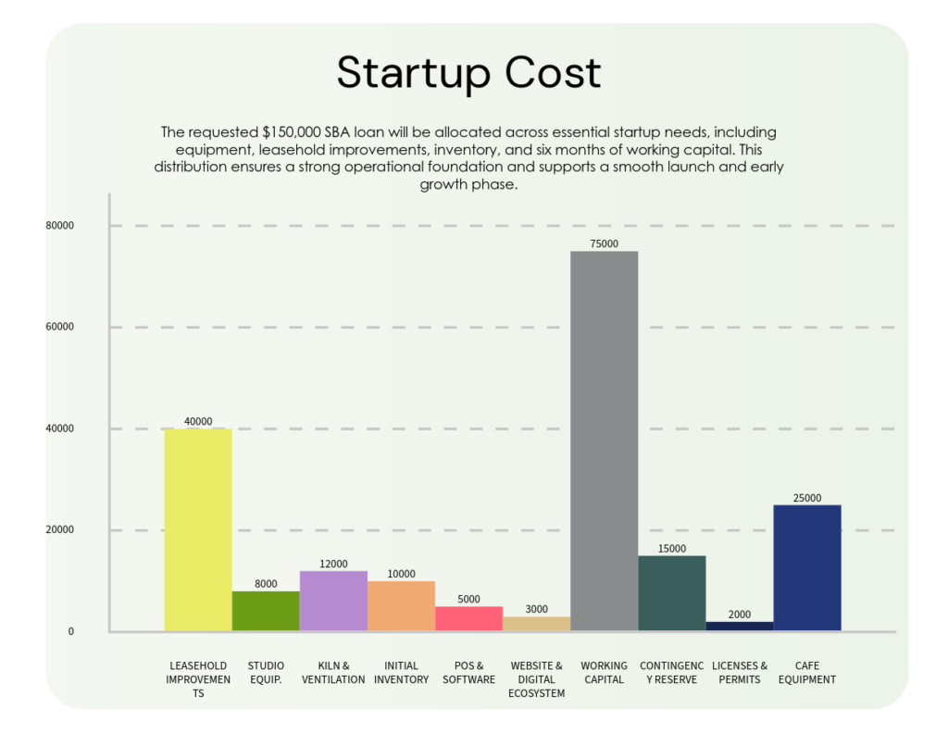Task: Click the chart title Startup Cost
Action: click(x=468, y=73)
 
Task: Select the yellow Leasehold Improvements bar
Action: click(x=198, y=529)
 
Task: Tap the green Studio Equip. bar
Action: click(x=266, y=611)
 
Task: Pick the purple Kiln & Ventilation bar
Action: click(x=333, y=601)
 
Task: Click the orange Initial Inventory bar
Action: click(x=401, y=606)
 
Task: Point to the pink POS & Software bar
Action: click(x=468, y=618)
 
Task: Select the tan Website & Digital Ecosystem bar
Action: click(x=536, y=624)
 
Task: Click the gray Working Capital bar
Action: click(x=604, y=441)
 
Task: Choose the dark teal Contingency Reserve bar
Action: click(x=672, y=593)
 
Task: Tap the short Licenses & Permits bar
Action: click(x=739, y=627)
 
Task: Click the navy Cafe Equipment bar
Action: click(x=806, y=567)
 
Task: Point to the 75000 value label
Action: click(x=604, y=244)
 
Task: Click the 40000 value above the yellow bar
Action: click(x=198, y=421)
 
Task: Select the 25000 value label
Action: click(x=806, y=498)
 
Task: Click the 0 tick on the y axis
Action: click(x=69, y=632)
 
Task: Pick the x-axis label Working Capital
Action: click(x=604, y=672)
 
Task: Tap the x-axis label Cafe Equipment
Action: click(x=806, y=672)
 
